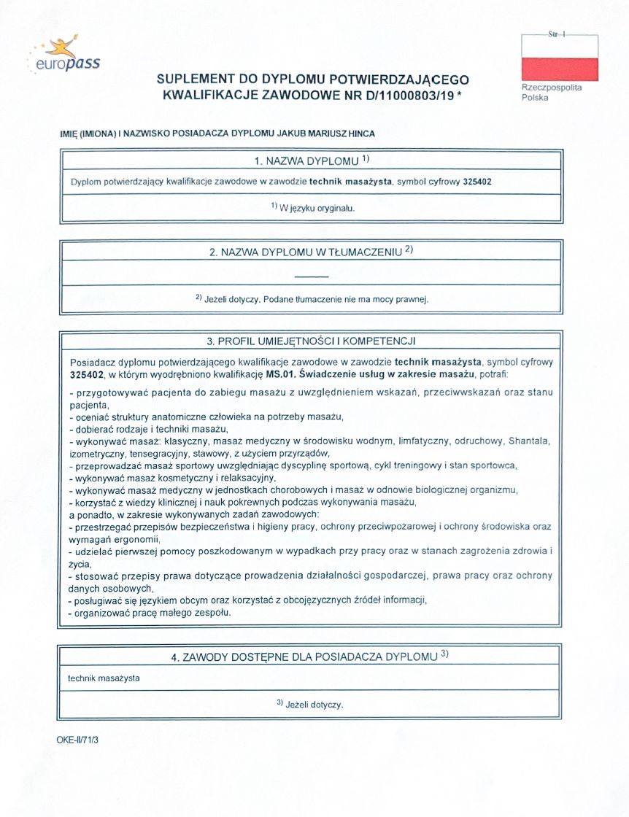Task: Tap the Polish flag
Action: (559, 58)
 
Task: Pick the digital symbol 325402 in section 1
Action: (476, 182)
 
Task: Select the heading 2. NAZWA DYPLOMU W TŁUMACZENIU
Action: (312, 252)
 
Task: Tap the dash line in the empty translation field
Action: (312, 276)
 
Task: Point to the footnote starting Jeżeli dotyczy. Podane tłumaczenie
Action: (312, 298)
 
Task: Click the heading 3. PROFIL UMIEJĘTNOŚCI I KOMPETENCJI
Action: (312, 341)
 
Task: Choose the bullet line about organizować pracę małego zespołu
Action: (150, 613)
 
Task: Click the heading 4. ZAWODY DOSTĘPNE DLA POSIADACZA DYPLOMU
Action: (310, 657)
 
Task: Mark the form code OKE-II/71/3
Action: (77, 740)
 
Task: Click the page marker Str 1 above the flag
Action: (559, 34)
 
